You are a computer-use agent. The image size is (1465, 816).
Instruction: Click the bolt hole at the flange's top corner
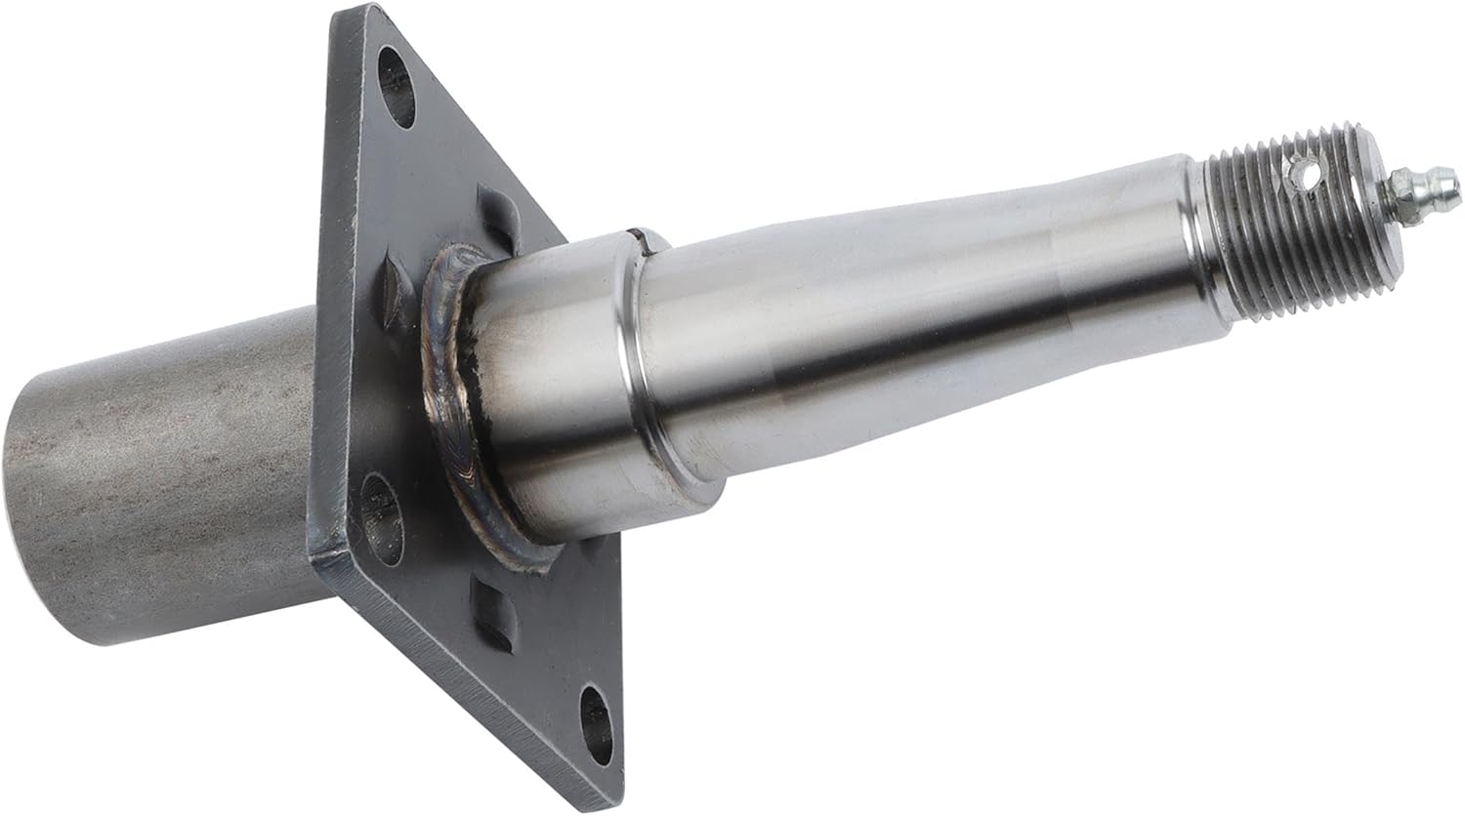396,85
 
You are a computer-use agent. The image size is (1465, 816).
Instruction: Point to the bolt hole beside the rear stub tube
382,517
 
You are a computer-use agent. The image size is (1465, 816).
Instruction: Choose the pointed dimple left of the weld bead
397,283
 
